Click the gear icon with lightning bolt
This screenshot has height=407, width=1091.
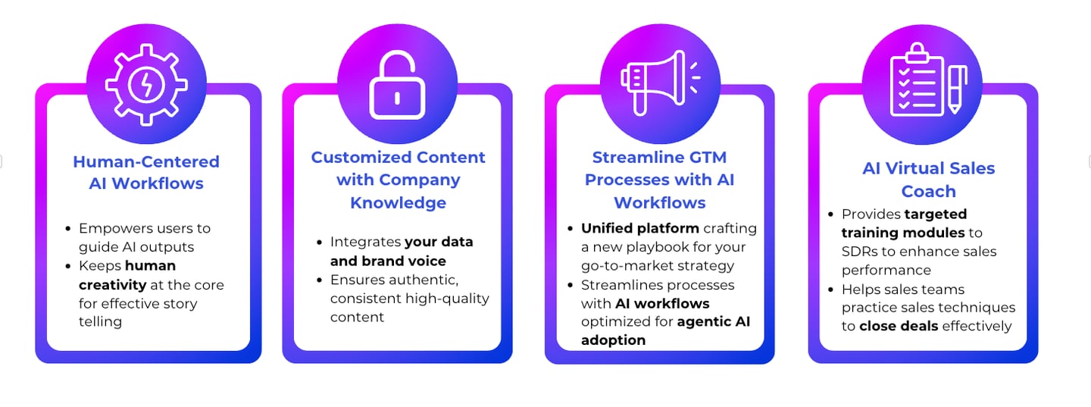click(146, 83)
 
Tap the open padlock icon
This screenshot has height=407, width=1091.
click(397, 85)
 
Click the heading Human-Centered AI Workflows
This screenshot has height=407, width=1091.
click(146, 172)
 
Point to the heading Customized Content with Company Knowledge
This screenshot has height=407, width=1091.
click(398, 180)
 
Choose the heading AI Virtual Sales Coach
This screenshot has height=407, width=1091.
click(928, 180)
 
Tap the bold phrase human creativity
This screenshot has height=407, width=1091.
click(127, 275)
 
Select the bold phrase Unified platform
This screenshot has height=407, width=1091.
click(640, 228)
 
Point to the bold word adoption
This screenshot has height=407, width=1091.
click(613, 340)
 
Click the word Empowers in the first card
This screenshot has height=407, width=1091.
click(113, 228)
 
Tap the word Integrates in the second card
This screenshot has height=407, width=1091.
click(365, 243)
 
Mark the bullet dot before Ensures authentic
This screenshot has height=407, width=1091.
click(320, 280)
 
